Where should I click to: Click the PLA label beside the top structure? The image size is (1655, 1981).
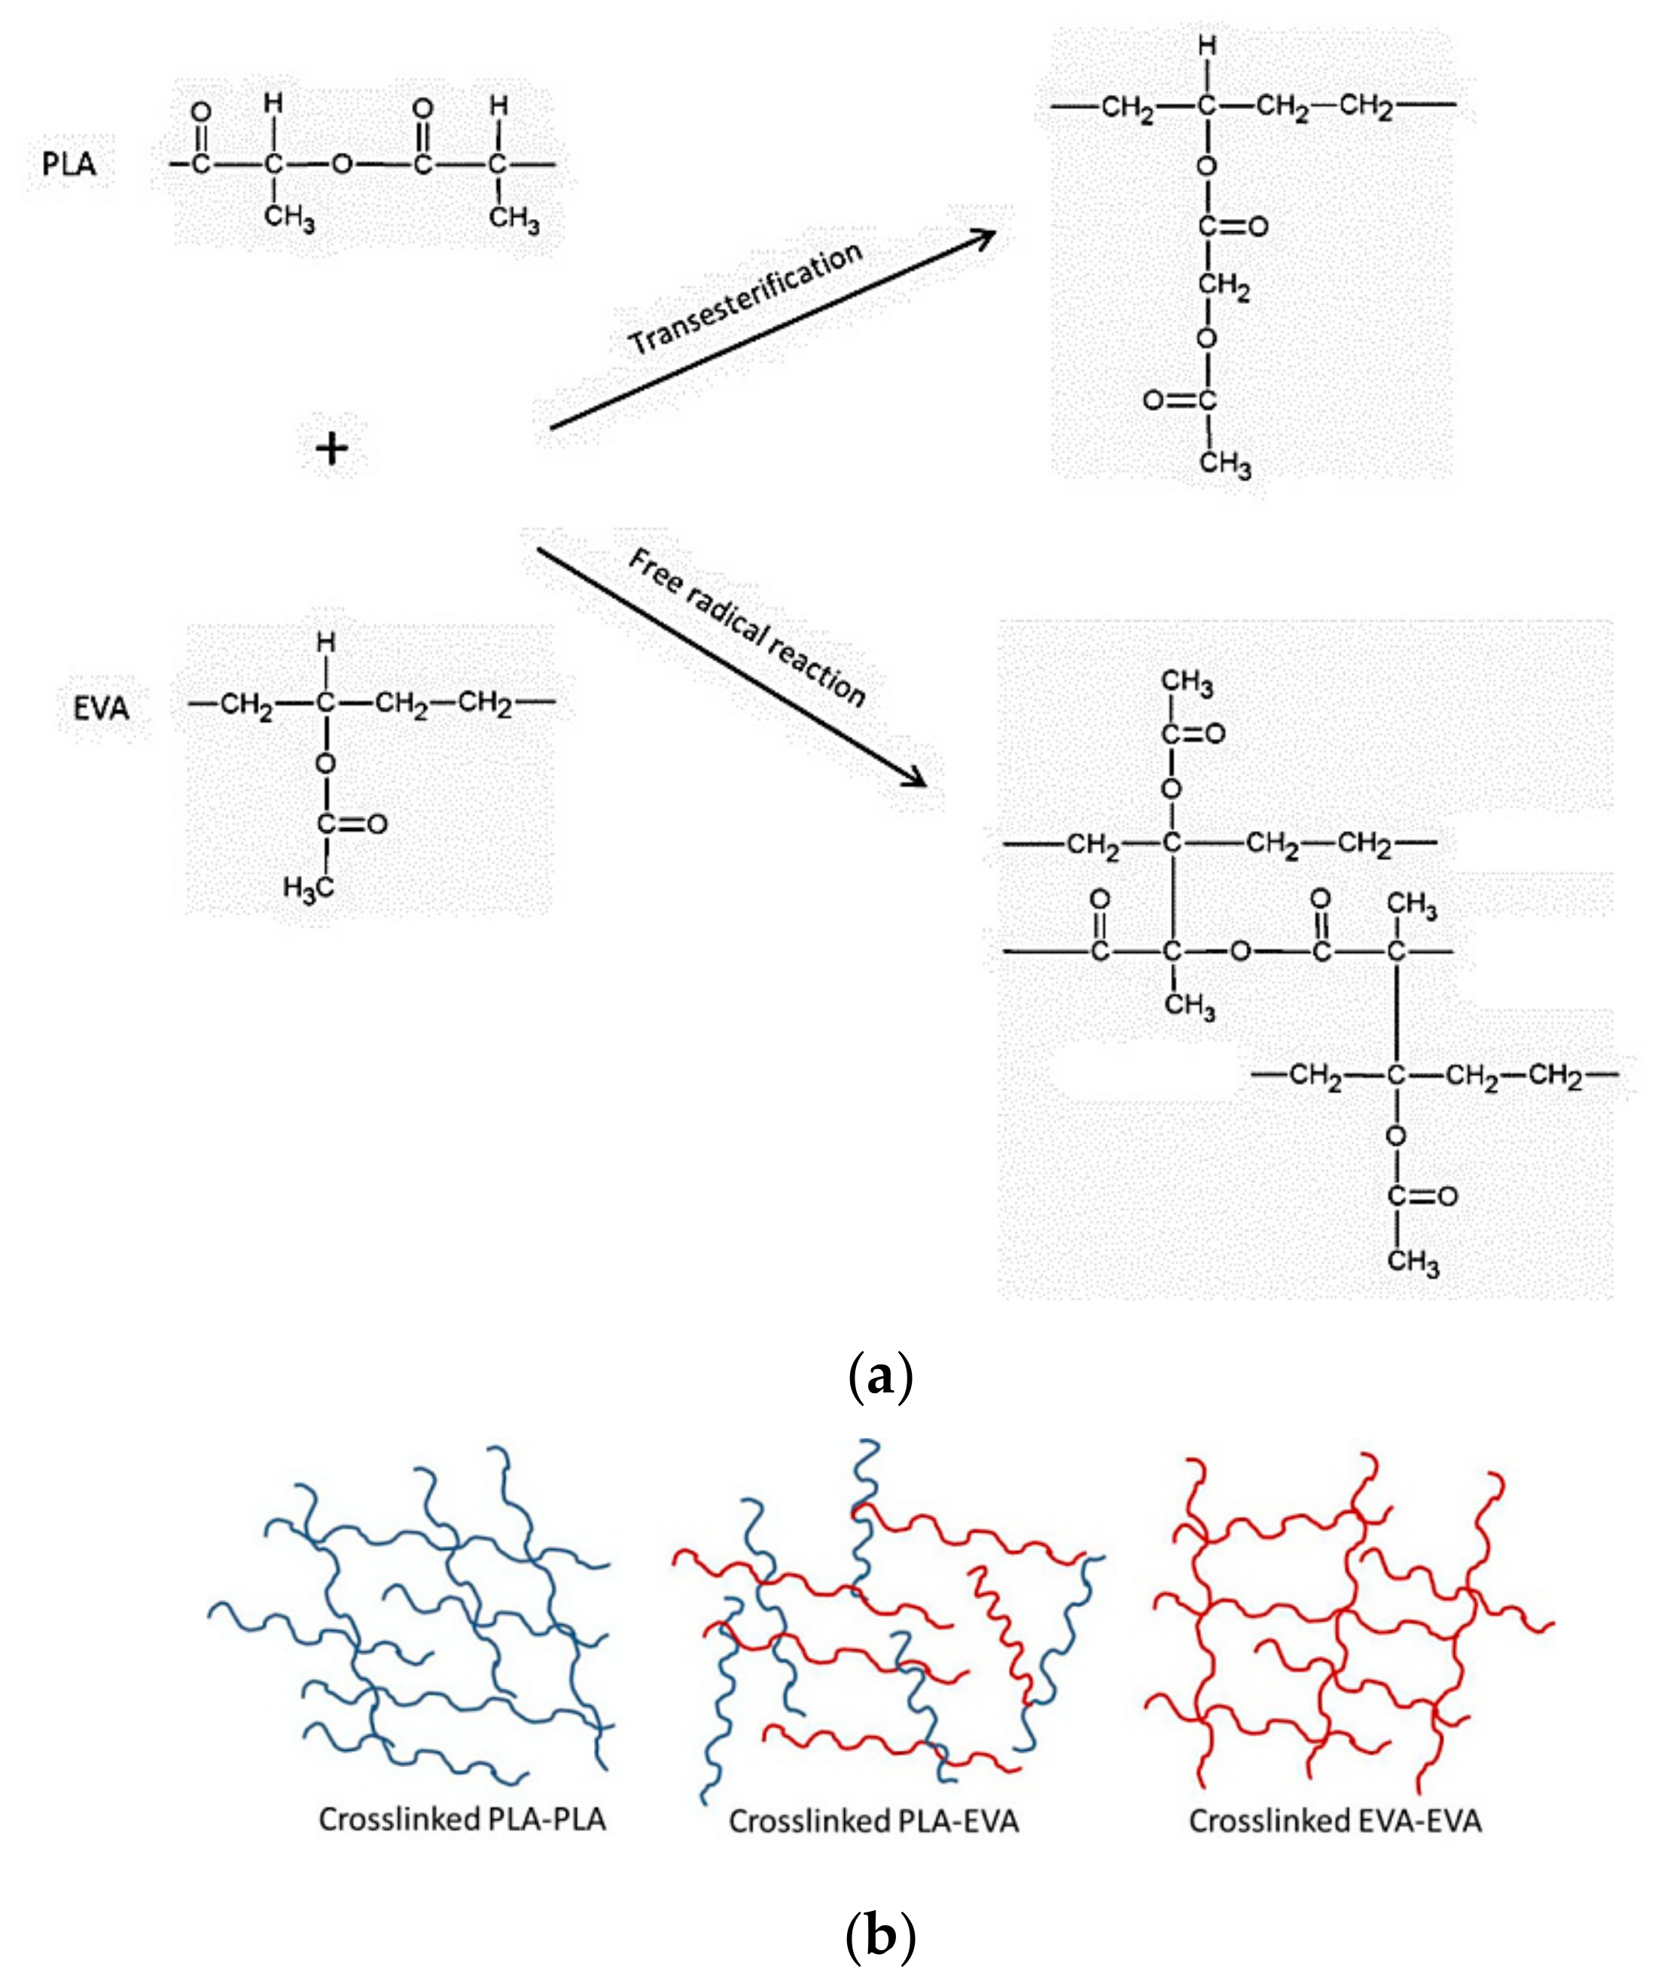point(69,164)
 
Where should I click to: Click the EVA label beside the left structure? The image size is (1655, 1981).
point(101,707)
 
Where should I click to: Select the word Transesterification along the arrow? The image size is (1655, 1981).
point(746,297)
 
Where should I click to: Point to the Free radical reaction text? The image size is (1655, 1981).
point(746,627)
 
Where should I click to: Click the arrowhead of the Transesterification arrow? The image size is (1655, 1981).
point(986,236)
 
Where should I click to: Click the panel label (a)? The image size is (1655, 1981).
point(879,1378)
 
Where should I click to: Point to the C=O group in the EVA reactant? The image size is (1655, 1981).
point(351,823)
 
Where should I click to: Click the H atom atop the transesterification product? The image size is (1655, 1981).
point(1207,45)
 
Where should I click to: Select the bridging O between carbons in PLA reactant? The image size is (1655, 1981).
point(342,165)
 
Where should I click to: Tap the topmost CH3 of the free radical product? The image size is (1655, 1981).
point(1186,683)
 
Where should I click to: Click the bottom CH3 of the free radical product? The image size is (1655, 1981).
point(1413,1262)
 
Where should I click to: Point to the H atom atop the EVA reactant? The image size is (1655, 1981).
point(325,644)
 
